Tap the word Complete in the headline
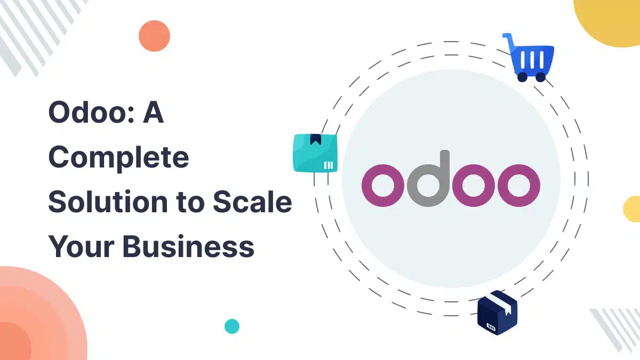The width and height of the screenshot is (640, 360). click(x=119, y=158)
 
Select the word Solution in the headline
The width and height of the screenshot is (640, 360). click(x=108, y=202)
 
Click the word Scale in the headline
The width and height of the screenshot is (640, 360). click(x=253, y=202)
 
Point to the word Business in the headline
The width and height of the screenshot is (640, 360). click(x=188, y=246)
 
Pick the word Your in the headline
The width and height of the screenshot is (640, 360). click(x=82, y=246)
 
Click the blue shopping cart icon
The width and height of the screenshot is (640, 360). click(x=529, y=58)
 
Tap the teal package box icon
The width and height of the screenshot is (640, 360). click(x=315, y=153)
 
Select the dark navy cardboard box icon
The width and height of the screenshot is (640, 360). click(x=497, y=313)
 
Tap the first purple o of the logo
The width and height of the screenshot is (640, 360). click(x=383, y=186)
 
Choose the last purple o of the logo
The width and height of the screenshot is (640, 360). click(x=519, y=186)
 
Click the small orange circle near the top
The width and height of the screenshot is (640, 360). click(x=154, y=36)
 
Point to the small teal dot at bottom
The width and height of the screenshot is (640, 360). click(x=232, y=326)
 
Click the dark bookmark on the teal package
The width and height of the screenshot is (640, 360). click(x=315, y=139)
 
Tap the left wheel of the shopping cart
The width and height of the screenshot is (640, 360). click(x=522, y=77)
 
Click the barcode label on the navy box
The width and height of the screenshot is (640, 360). click(x=491, y=327)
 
